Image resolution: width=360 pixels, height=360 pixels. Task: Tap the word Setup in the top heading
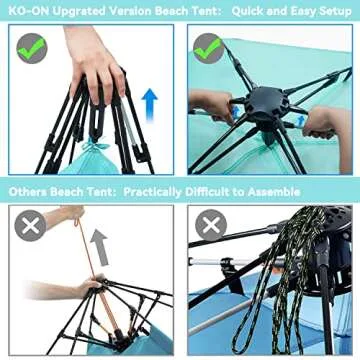pos(335,11)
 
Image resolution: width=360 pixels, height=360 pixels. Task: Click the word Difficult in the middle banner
pos(205,192)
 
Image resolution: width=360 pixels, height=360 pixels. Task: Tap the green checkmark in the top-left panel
pos(32,48)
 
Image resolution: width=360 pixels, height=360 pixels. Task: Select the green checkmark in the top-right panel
pos(208,48)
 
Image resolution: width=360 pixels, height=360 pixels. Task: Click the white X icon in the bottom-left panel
pos(30,226)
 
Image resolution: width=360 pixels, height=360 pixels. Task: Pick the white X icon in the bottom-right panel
pos(211,226)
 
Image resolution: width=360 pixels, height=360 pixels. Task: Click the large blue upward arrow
pos(150,104)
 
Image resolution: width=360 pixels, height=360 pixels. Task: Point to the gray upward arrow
pos(101,247)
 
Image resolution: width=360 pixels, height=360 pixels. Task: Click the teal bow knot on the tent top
pos(96,145)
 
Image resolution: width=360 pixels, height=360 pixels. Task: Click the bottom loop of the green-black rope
pos(247,333)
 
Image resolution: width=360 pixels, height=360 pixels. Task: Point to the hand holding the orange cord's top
pos(64,216)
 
